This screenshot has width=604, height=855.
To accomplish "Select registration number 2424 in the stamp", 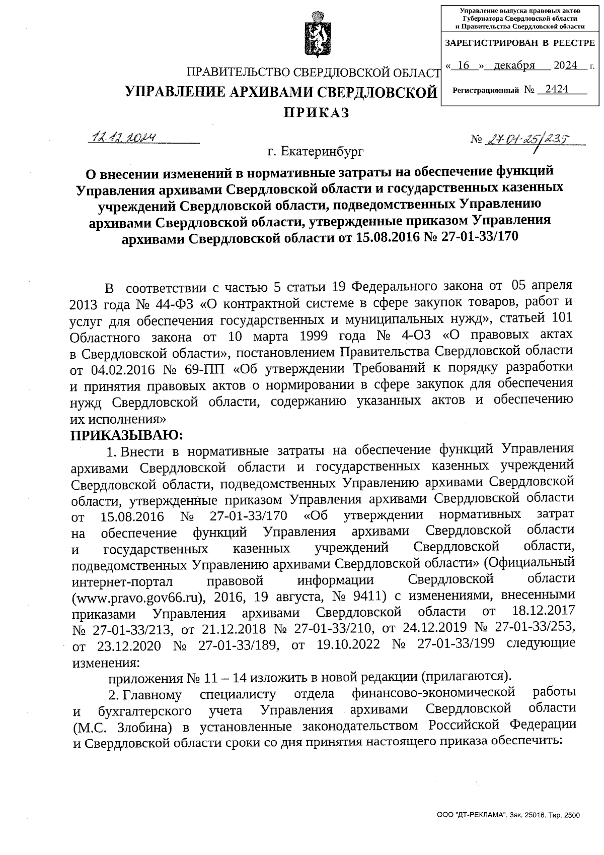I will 557,89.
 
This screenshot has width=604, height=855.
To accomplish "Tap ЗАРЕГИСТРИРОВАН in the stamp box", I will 491,43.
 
